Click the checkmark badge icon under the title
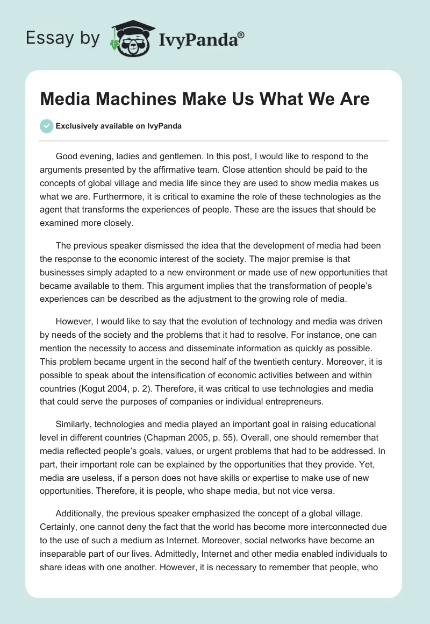46,126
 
